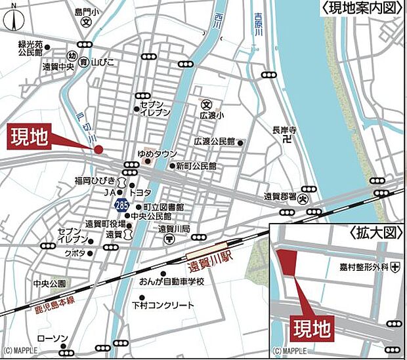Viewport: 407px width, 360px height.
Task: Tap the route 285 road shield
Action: (121, 206)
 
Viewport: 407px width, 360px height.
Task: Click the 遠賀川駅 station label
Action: (211, 267)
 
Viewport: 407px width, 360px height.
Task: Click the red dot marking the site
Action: (98, 150)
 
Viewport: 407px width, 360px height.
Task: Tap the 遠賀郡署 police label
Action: (282, 196)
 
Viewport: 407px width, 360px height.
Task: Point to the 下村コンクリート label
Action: (163, 306)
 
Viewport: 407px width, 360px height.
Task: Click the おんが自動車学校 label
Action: (171, 281)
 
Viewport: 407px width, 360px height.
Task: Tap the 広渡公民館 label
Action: (214, 142)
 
